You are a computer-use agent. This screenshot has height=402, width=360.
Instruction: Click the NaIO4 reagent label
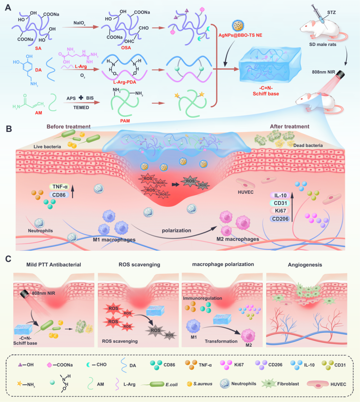(79, 23)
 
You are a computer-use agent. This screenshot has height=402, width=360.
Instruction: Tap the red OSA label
(126, 48)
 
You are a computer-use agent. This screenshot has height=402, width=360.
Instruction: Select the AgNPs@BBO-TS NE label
(240, 35)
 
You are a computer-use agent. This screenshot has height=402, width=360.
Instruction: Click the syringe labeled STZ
(319, 14)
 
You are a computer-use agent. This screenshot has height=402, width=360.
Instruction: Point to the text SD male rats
(323, 44)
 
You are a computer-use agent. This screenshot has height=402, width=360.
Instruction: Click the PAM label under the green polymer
(125, 121)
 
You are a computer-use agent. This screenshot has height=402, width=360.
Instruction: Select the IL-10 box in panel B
(280, 196)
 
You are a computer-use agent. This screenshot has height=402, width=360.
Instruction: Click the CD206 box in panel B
(280, 219)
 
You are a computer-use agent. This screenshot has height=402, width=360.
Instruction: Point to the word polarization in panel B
(176, 230)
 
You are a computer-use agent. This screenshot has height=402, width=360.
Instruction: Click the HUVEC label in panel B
(246, 192)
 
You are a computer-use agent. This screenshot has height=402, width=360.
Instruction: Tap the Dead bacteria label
(308, 146)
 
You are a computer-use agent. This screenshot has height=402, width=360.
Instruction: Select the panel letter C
(9, 259)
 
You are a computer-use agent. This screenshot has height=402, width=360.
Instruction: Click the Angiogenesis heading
(305, 265)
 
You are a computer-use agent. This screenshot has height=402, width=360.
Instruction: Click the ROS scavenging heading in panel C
(139, 265)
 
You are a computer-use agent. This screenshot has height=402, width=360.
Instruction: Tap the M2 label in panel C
(249, 345)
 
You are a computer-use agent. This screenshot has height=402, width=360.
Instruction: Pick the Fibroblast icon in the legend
(268, 384)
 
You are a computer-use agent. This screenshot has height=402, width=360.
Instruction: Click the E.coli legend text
(172, 384)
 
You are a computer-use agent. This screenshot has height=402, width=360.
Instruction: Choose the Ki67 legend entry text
(239, 365)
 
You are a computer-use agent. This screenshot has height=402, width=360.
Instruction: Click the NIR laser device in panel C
(25, 294)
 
